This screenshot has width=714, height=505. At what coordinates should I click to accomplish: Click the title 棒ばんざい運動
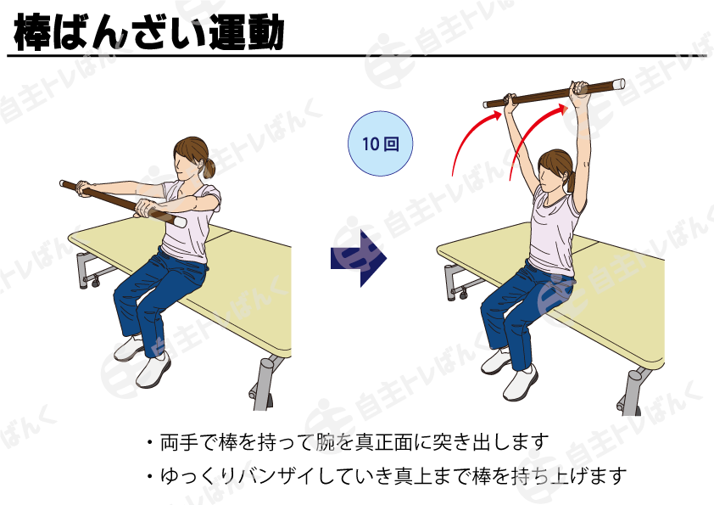click(x=149, y=31)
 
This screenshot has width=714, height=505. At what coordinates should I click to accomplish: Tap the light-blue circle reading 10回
click(x=380, y=143)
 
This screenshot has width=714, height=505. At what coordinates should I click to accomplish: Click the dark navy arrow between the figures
click(x=359, y=258)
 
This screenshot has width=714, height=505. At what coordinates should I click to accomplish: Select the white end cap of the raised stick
click(x=619, y=84)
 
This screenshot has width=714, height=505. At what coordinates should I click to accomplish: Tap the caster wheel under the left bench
click(x=95, y=283)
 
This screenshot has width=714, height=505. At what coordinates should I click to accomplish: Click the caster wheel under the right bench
click(x=463, y=295)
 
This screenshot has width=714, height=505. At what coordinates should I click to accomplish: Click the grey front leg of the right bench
click(x=632, y=391)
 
